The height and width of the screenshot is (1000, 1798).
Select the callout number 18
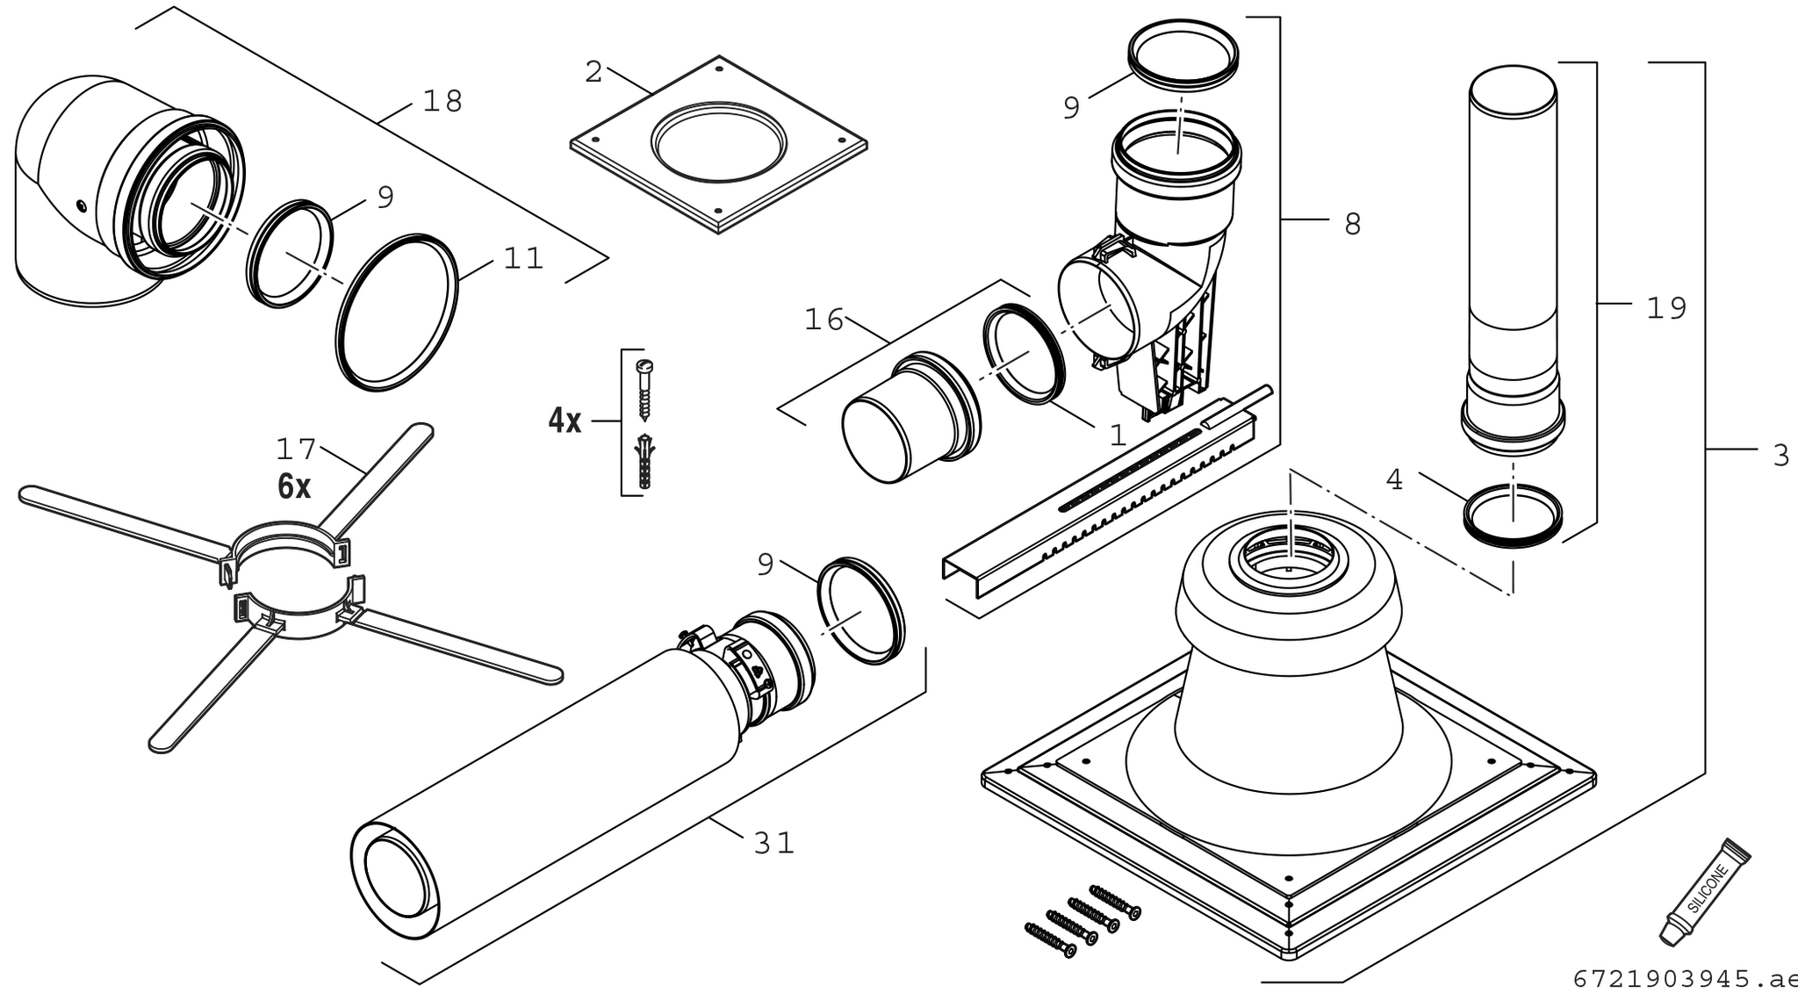[x=442, y=102]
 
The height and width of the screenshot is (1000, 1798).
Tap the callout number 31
[x=773, y=844]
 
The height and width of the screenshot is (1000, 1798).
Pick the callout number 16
[x=824, y=320]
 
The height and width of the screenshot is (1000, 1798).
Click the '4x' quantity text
[x=565, y=421]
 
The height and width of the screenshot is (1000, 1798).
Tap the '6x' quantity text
[x=294, y=486]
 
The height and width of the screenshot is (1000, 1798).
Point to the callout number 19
[x=1666, y=309]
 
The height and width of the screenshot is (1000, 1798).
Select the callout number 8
[x=1353, y=225]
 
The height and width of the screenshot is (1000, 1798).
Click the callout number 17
[x=296, y=450]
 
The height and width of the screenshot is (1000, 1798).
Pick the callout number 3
[x=1780, y=456]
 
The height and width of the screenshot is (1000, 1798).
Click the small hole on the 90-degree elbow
[x=81, y=205]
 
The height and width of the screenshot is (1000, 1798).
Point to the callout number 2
[x=594, y=73]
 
